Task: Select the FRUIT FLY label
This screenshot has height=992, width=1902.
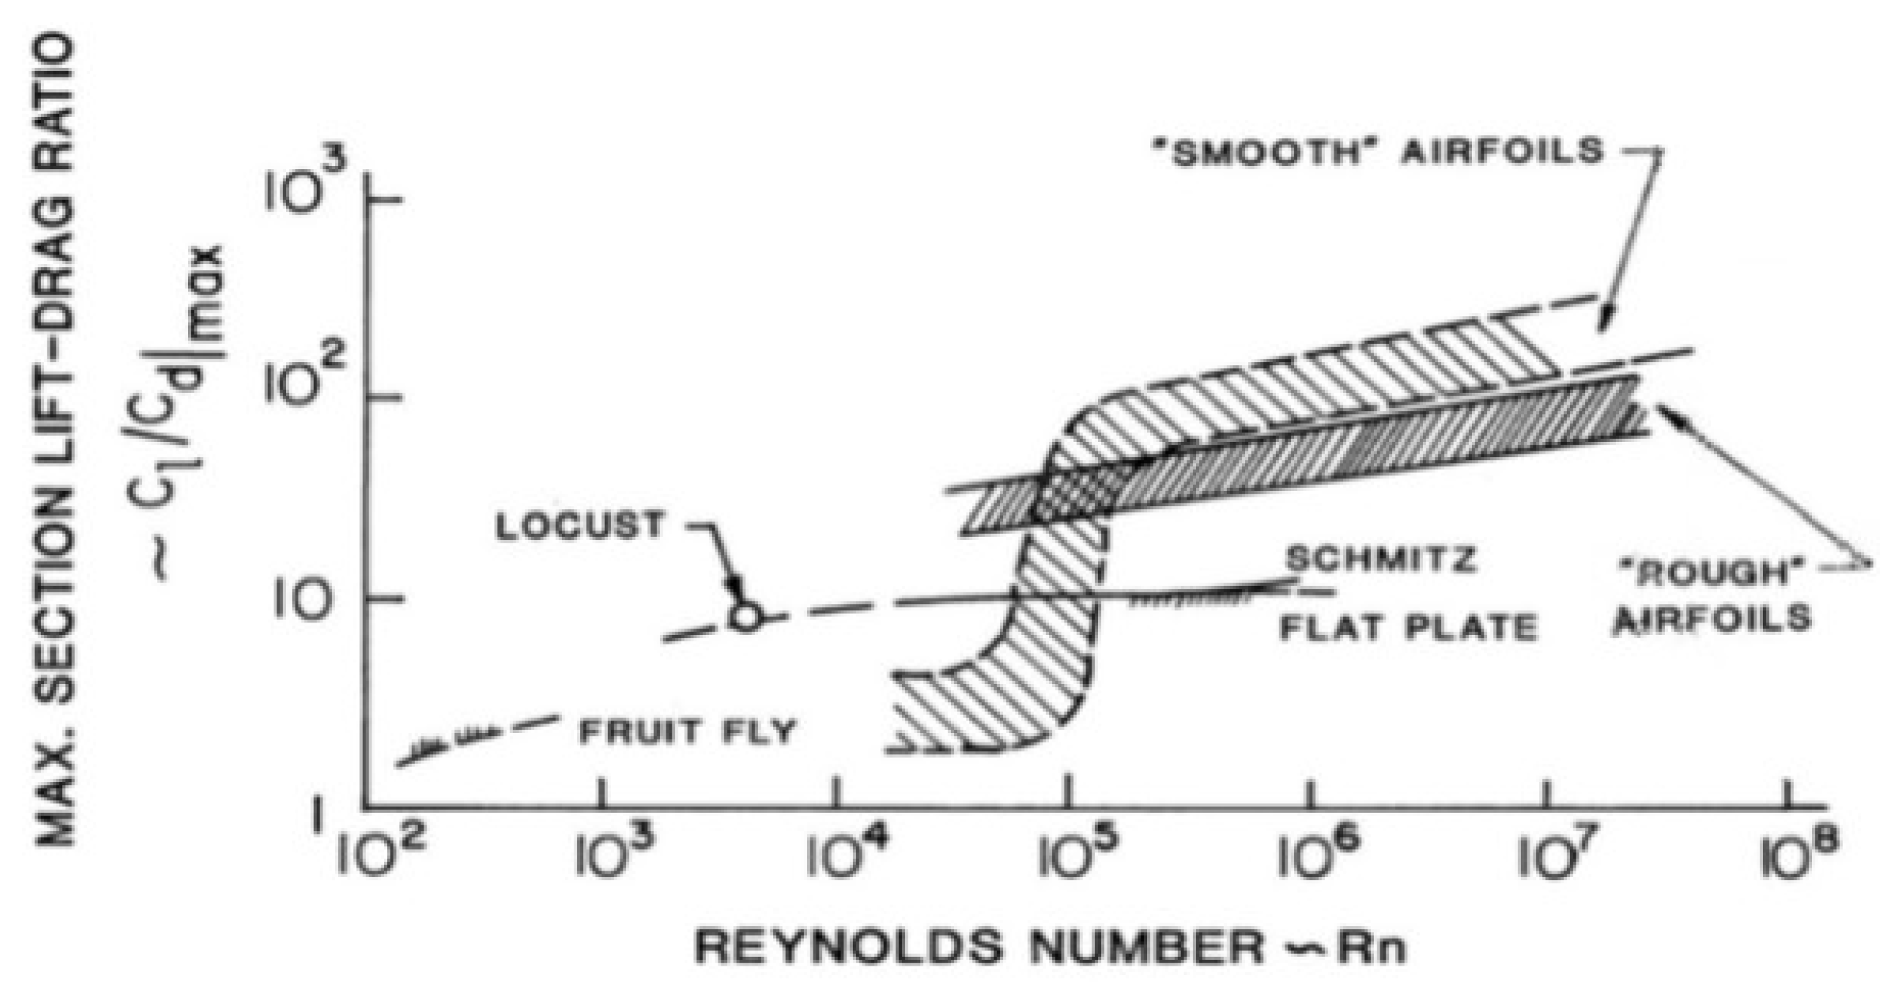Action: tap(687, 732)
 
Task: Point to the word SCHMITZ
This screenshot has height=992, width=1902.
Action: tap(1381, 559)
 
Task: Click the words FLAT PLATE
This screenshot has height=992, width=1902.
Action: tap(1407, 628)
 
